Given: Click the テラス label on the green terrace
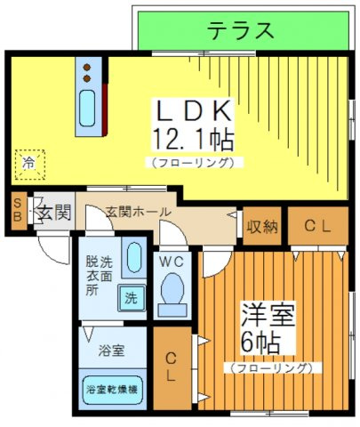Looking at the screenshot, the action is point(240,30).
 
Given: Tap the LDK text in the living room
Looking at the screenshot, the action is point(193,110).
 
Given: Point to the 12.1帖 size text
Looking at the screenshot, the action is point(193,140).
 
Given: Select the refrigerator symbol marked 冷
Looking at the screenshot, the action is point(30,165).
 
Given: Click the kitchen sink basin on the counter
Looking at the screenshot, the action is point(87,108).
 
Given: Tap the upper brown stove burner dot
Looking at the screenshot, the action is point(87,68).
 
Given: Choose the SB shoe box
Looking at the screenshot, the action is point(18,211).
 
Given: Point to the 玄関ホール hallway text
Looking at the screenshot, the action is point(139,212).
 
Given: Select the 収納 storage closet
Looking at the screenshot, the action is point(262,226).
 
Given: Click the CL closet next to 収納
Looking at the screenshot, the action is point(318,226).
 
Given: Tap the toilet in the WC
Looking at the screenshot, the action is point(173,294).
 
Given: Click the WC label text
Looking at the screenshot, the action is point(172,262).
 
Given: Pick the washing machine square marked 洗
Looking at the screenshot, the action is point(132,298).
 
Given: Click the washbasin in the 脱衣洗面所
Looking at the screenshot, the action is point(134,257).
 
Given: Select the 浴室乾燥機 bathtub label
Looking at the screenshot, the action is point(112,390).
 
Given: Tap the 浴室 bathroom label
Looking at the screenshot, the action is point(111,350).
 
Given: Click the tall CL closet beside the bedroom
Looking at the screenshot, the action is point(172,368).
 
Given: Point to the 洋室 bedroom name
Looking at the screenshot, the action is point(268,314).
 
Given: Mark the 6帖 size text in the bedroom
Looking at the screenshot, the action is point(260,342).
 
